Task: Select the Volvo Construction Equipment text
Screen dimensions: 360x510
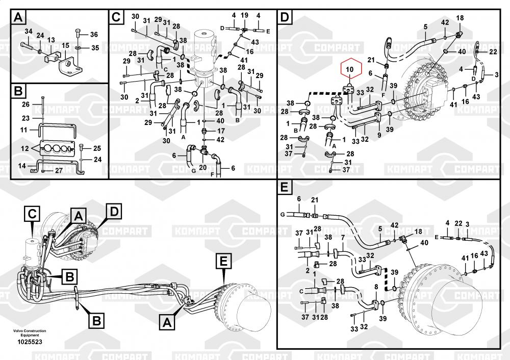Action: pyautogui.click(x=30, y=332)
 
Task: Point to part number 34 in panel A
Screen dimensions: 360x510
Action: pyautogui.click(x=28, y=32)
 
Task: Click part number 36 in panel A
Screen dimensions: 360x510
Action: pyautogui.click(x=93, y=35)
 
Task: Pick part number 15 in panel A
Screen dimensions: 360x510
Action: pyautogui.click(x=65, y=46)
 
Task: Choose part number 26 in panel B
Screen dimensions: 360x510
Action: pyautogui.click(x=26, y=105)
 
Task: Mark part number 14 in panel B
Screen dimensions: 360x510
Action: pyautogui.click(x=21, y=166)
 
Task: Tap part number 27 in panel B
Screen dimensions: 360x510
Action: pyautogui.click(x=58, y=171)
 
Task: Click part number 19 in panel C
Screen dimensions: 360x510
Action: pyautogui.click(x=244, y=16)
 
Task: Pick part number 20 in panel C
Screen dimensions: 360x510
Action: pyautogui.click(x=202, y=167)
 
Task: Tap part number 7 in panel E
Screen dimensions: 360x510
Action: pyautogui.click(x=343, y=238)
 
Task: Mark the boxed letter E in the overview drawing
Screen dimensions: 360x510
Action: pyautogui.click(x=223, y=262)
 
